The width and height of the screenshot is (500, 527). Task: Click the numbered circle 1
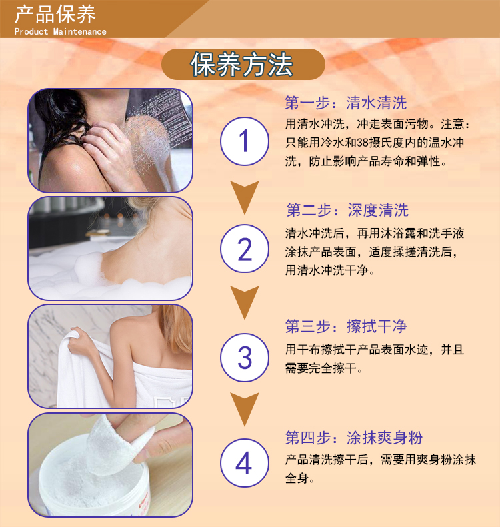[x=245, y=141]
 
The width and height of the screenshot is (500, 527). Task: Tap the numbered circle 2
[x=245, y=249]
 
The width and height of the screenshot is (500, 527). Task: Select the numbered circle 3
[x=245, y=358]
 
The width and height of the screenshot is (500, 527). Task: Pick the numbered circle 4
[x=245, y=463]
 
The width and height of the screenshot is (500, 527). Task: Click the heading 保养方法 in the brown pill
[x=241, y=65]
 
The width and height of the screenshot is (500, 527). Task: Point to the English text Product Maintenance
[x=60, y=31]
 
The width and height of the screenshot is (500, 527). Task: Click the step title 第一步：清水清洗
[x=345, y=103]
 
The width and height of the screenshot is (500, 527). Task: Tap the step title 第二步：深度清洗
[x=347, y=210]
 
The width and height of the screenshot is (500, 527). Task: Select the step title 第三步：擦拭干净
[x=346, y=326]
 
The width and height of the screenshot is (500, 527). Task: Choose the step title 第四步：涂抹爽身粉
[x=354, y=438]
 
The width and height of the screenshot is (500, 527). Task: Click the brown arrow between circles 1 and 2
[x=245, y=197]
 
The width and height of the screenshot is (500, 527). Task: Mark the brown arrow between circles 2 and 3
[x=245, y=302]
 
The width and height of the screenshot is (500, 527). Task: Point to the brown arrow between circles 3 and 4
[x=245, y=409]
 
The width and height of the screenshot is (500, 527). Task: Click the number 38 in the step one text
[x=363, y=143]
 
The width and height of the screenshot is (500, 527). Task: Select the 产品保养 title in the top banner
[x=55, y=14]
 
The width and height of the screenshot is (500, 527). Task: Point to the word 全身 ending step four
[x=297, y=478]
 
